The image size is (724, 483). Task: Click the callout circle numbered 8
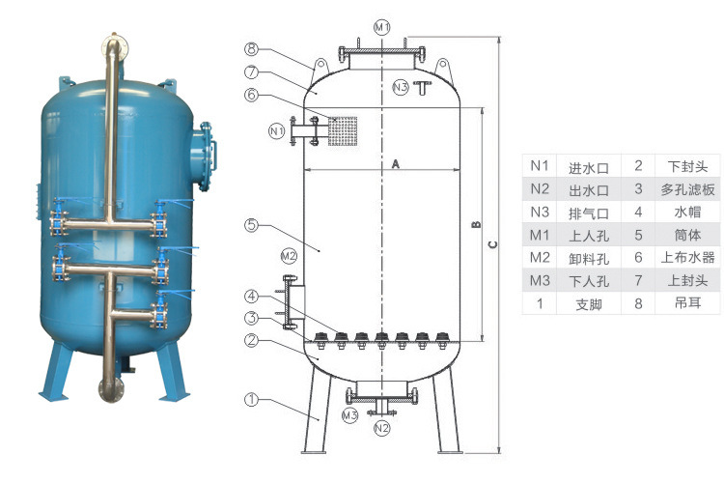250,48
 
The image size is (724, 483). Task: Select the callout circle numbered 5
250,225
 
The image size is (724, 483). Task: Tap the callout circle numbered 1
250,398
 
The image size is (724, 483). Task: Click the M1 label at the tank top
382,27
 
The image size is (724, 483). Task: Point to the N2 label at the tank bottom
382,426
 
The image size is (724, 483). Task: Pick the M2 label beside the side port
288,256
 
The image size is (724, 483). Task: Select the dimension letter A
395,164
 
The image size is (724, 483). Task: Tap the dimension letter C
492,244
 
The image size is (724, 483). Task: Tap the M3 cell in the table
540,280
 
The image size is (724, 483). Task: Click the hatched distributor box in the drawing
343,129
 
